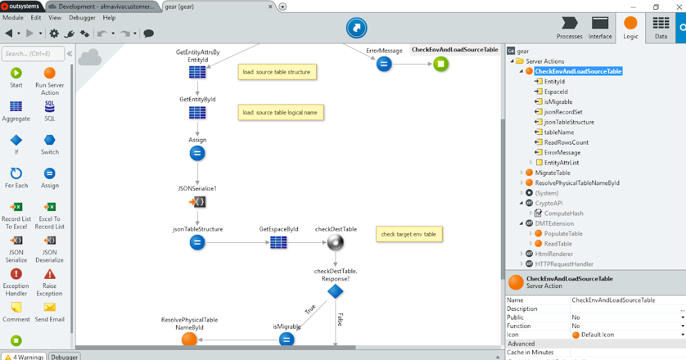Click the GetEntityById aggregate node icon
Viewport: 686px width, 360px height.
197,113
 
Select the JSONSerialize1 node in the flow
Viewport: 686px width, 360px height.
197,202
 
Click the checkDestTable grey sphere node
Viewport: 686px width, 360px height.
336,243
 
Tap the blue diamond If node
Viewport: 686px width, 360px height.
336,291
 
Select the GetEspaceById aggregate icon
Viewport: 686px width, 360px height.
278,243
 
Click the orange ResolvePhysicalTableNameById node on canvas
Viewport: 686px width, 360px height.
189,339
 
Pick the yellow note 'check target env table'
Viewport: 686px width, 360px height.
408,234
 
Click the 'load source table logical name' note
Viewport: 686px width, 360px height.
280,113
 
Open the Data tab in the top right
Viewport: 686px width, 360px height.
661,27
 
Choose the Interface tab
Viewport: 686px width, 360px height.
600,27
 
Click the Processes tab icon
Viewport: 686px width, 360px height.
569,27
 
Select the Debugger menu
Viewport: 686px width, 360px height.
82,18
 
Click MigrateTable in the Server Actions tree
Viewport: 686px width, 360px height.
552,173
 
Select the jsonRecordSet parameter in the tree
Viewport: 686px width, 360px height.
563,112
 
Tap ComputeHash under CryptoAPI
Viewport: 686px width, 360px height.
564,213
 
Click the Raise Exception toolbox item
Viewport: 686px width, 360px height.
50,282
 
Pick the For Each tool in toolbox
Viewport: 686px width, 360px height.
16,178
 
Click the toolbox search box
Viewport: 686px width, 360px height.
33,54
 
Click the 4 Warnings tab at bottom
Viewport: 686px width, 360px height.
24,357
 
